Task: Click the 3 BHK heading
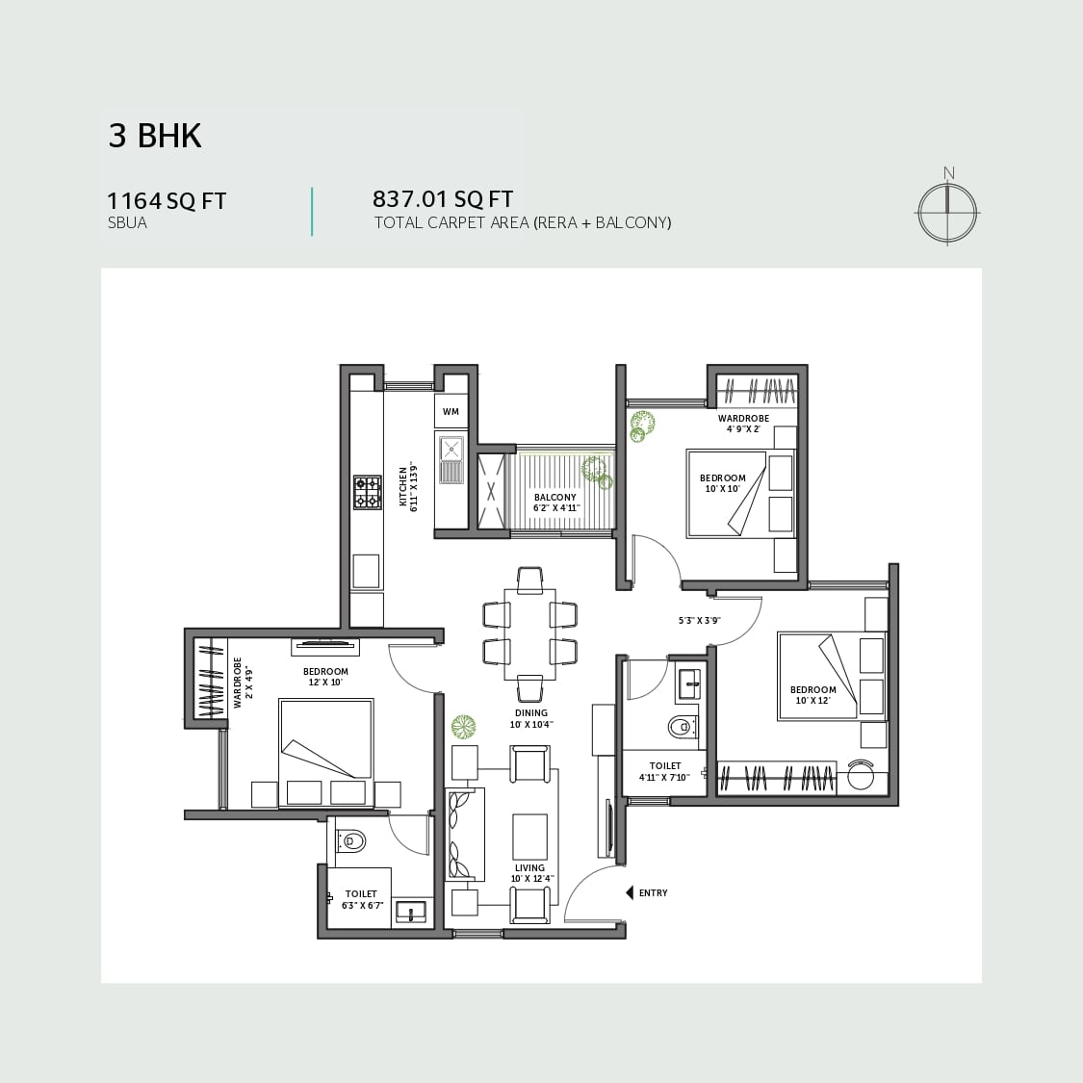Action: coord(155,136)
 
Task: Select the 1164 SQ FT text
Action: coord(167,201)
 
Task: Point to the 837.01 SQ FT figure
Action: coord(443,199)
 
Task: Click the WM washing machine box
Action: coord(451,412)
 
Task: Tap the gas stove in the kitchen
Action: coord(368,492)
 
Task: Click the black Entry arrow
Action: coord(630,893)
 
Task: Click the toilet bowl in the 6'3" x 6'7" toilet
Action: coord(350,840)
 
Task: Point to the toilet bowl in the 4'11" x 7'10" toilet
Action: coord(683,727)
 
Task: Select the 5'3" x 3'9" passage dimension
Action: coord(699,620)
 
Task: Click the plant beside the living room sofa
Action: coord(464,728)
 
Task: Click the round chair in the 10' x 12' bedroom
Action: coord(861,774)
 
